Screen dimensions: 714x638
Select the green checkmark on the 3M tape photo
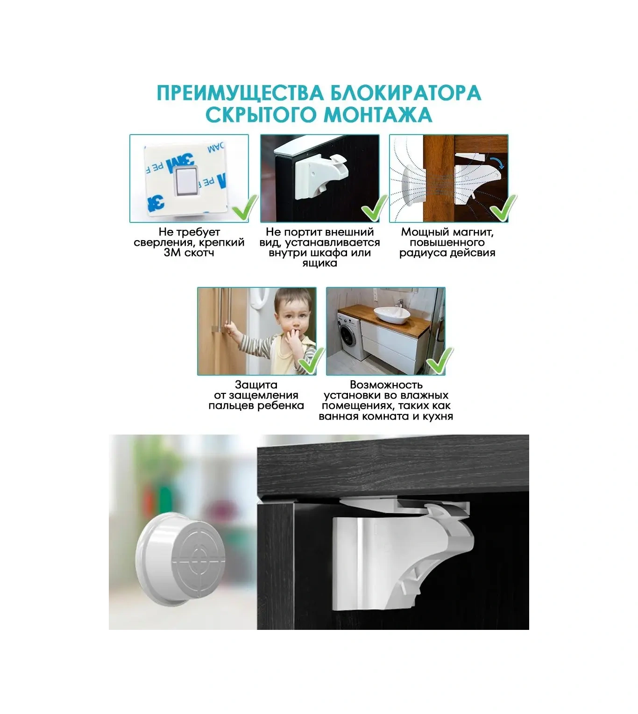245,208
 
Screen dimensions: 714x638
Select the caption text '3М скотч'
189,253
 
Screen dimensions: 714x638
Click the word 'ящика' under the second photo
319,263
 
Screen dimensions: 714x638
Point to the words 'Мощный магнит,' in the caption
447,232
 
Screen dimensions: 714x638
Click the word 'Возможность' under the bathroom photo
386,385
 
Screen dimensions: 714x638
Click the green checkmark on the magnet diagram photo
504,208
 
